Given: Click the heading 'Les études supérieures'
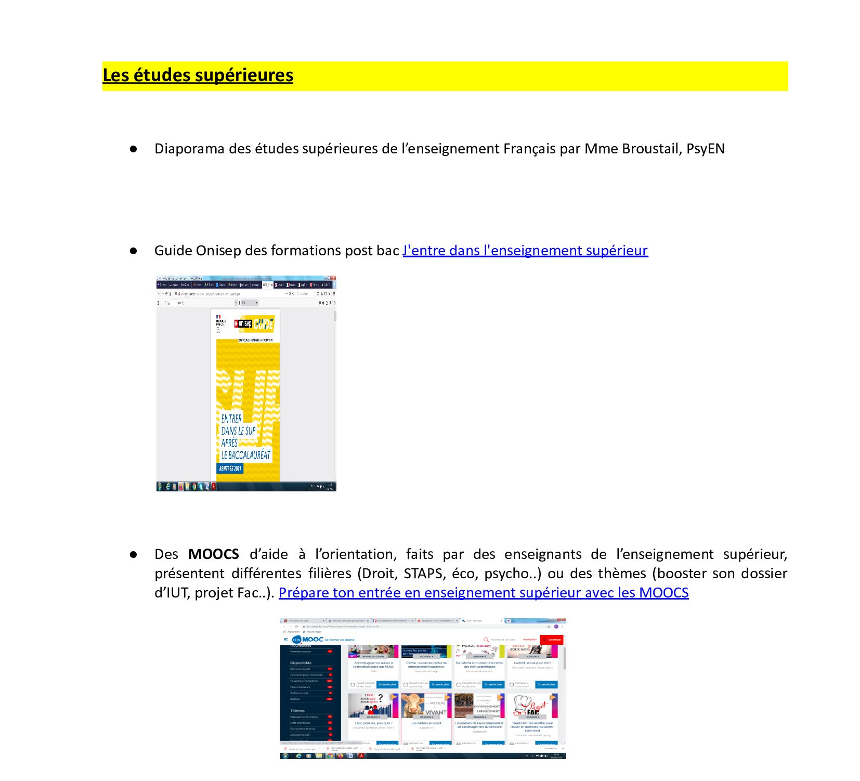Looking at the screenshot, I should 198,75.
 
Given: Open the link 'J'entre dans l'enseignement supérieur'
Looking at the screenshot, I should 525,251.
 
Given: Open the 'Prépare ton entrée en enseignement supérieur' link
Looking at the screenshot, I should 484,593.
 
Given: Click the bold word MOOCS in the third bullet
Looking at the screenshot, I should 214,554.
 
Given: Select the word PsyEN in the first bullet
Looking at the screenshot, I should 705,149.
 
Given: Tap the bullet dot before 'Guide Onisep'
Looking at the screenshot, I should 134,251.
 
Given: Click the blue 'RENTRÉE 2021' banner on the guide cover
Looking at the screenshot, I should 230,468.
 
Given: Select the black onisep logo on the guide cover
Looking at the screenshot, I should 243,324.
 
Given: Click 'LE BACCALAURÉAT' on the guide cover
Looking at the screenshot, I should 246,455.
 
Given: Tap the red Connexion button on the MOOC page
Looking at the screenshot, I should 552,640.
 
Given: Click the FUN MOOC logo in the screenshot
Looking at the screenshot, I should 308,640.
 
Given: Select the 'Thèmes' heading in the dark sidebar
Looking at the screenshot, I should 297,711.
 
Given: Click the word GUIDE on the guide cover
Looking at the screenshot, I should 263,324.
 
